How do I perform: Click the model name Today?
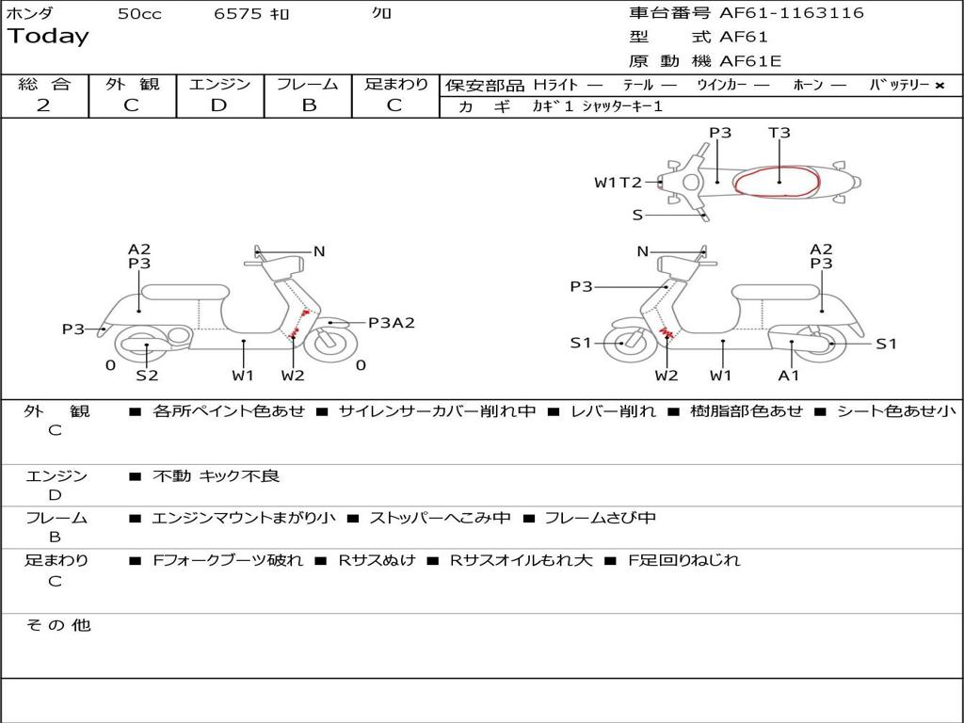pyautogui.click(x=48, y=37)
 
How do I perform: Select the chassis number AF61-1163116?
pyautogui.click(x=791, y=13)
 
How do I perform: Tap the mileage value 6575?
pyautogui.click(x=237, y=14)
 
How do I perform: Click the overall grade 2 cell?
pyautogui.click(x=43, y=105)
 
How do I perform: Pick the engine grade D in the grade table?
pyautogui.click(x=219, y=105)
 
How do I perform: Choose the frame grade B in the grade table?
pyautogui.click(x=308, y=105)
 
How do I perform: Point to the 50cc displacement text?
pyautogui.click(x=139, y=14)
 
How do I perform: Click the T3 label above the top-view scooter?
pyautogui.click(x=779, y=133)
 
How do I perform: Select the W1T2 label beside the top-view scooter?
pyautogui.click(x=618, y=183)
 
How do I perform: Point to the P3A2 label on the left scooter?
pyautogui.click(x=391, y=323)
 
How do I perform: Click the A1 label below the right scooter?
pyautogui.click(x=789, y=376)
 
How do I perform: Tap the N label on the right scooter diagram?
pyautogui.click(x=643, y=251)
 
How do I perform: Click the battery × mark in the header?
pyautogui.click(x=939, y=86)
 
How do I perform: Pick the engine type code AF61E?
pyautogui.click(x=750, y=62)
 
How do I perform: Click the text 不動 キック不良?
pyautogui.click(x=217, y=476)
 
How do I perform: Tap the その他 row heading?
pyautogui.click(x=57, y=625)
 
